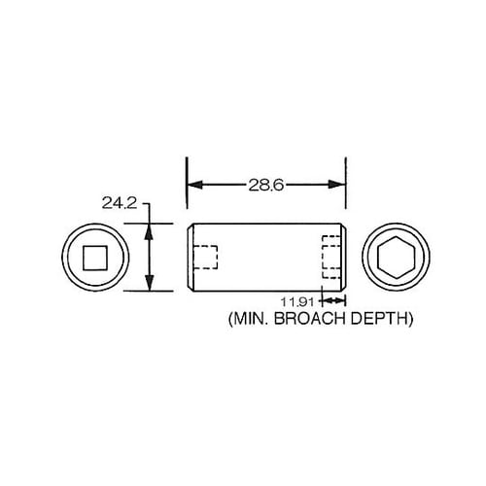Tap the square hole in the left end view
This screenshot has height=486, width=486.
pyautogui.click(x=94, y=258)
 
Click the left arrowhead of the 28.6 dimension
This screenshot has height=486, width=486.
pyautogui.click(x=191, y=185)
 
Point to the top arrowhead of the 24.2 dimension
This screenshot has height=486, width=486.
pyautogui.click(x=149, y=229)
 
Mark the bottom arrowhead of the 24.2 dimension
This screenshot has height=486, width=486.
pyautogui.click(x=149, y=285)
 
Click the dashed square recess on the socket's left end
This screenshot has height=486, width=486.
pyautogui.click(x=205, y=258)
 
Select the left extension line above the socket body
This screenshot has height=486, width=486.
pyautogui.click(x=186, y=190)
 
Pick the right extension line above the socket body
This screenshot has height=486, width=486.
pyautogui.click(x=345, y=190)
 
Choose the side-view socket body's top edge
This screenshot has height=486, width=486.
pyautogui.click(x=265, y=225)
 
